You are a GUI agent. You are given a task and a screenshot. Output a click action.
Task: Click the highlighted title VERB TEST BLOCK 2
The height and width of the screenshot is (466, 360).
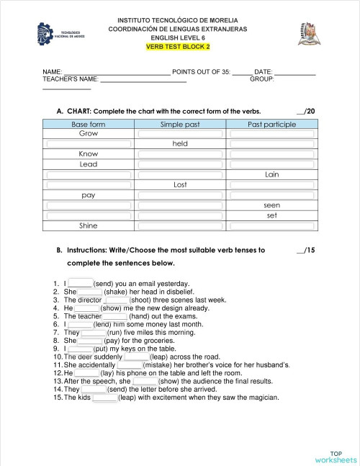pos(178,47)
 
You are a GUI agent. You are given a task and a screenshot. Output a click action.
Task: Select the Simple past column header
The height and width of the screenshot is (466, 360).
pos(180,125)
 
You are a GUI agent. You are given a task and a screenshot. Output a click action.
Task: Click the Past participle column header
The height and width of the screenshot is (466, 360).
pos(271,125)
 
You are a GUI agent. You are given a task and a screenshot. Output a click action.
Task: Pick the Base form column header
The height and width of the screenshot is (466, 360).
pos(89,125)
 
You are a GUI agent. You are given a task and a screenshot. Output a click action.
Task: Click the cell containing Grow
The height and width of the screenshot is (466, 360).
pos(89,134)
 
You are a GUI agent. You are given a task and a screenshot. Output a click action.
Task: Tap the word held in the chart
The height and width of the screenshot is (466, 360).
pos(180,144)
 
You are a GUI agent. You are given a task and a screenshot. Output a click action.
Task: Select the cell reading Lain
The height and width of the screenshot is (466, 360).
pos(271,174)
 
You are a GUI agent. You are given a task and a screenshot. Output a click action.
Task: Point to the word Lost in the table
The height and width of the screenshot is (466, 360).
pos(180,185)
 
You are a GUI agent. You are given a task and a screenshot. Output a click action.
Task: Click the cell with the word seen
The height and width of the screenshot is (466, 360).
pos(271,205)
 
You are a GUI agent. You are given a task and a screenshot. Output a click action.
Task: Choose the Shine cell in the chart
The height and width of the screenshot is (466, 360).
pos(89,225)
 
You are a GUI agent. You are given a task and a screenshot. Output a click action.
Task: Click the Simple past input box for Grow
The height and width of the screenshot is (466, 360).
pos(180,134)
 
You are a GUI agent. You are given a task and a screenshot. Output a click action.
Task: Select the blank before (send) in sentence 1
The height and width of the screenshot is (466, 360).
pos(81,284)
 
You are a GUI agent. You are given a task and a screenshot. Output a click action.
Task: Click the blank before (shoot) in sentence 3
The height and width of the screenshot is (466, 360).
pos(117,300)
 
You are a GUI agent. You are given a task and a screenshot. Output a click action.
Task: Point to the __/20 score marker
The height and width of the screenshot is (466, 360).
pos(305,112)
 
